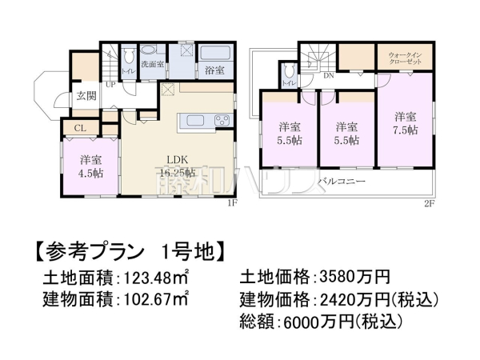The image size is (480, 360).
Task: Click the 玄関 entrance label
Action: [x=86, y=95]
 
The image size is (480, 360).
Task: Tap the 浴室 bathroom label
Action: [x=213, y=70]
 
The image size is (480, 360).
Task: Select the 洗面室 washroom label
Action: [x=152, y=63]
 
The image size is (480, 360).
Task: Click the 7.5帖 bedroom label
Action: [x=405, y=122]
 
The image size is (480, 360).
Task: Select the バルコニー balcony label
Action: [x=342, y=182]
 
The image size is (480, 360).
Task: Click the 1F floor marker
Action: [x=231, y=202]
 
